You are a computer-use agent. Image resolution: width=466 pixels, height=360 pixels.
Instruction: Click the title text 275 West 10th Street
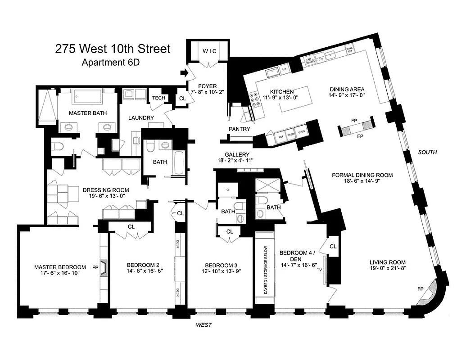point(113,49)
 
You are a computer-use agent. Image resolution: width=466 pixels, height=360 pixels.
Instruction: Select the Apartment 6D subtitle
point(110,62)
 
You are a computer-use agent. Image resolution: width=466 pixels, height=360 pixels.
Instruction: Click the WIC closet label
point(208,51)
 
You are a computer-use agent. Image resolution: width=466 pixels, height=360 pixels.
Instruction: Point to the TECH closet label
point(158,98)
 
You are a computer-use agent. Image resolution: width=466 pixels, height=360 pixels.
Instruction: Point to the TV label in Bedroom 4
point(319,270)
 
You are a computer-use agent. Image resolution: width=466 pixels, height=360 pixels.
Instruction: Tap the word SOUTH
point(427,152)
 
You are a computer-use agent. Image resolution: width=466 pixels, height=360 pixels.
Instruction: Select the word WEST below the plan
point(204,324)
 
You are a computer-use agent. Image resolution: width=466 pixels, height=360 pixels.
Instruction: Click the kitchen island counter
point(296,100)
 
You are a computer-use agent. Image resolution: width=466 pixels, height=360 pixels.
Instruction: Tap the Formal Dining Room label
point(362,175)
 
